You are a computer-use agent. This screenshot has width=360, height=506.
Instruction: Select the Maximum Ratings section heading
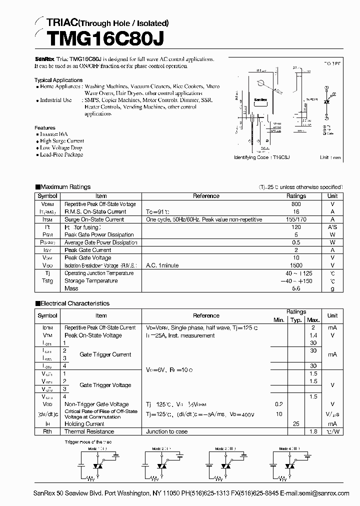coord(65,187)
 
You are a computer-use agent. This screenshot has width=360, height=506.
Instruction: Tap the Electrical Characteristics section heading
coord(74,303)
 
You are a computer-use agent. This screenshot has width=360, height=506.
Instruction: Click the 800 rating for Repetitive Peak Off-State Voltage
coord(296,204)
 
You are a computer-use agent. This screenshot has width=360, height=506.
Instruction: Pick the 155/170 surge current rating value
coord(296,219)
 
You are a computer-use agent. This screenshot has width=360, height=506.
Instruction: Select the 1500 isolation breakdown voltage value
coord(296,265)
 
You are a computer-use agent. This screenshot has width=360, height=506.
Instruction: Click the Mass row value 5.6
coord(296,288)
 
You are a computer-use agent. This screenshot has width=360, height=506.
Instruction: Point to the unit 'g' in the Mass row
coord(332,288)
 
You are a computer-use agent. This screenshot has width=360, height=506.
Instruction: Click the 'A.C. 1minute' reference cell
coord(162,265)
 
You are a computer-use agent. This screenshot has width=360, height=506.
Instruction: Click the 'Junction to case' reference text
coord(166,431)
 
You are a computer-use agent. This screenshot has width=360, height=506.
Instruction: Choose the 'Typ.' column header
coord(296,320)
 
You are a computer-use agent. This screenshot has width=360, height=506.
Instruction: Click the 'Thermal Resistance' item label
coord(89,431)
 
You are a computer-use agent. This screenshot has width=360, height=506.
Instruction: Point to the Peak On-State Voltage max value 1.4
coord(313,335)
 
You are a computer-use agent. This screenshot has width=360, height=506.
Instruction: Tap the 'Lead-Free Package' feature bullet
coord(61,154)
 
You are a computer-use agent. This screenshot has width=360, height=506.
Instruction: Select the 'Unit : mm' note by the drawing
coord(330,157)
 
